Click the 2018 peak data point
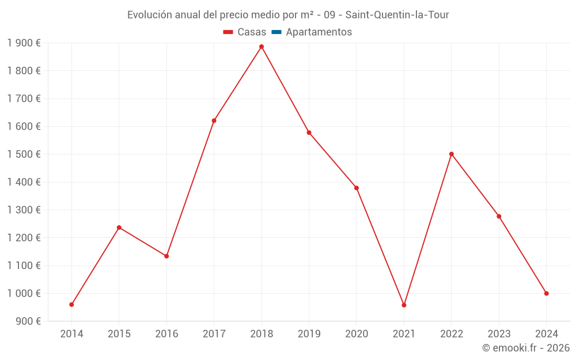pyautogui.click(x=262, y=47)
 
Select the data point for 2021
pyautogui.click(x=404, y=305)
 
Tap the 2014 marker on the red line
pyautogui.click(x=71, y=304)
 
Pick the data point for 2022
pyautogui.click(x=452, y=154)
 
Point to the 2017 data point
pyautogui.click(x=214, y=120)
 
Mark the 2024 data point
pyautogui.click(x=547, y=293)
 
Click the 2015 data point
pyautogui.click(x=119, y=228)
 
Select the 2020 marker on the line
pyautogui.click(x=357, y=188)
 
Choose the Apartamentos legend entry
pyautogui.click(x=319, y=32)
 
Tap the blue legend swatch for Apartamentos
pyautogui.click(x=276, y=32)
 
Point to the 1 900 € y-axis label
pyautogui.click(x=24, y=43)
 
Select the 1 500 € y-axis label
pyautogui.click(x=24, y=154)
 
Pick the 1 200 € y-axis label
pyautogui.click(x=24, y=238)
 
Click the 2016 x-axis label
pyautogui.click(x=166, y=334)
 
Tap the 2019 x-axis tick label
pyautogui.click(x=309, y=334)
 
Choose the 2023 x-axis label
pyautogui.click(x=499, y=334)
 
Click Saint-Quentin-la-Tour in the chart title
pyautogui.click(x=397, y=15)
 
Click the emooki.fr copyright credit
pyautogui.click(x=526, y=348)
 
